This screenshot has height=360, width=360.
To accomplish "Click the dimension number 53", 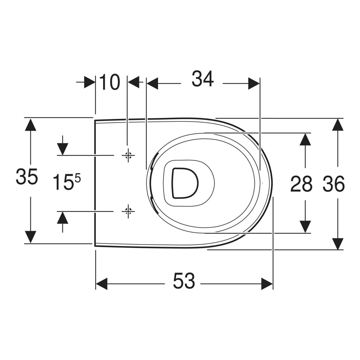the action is pyautogui.click(x=184, y=280).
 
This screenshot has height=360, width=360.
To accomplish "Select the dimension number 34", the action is pyautogui.click(x=203, y=79).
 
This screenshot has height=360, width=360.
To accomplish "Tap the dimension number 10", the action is pyautogui.click(x=109, y=82).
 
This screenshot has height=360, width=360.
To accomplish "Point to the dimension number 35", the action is pyautogui.click(x=27, y=176).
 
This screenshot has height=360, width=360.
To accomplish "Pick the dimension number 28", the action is pyautogui.click(x=301, y=184).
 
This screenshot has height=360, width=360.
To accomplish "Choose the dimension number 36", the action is pyautogui.click(x=334, y=184).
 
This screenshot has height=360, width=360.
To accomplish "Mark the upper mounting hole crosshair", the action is pyautogui.click(x=128, y=156).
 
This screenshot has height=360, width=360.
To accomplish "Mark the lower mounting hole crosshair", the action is pyautogui.click(x=128, y=211).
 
